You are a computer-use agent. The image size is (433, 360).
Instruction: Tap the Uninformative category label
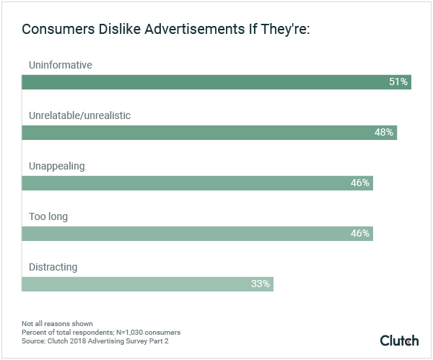click(x=61, y=65)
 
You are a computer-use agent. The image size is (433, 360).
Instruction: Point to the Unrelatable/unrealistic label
click(x=79, y=115)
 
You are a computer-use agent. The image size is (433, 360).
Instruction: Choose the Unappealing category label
click(x=57, y=166)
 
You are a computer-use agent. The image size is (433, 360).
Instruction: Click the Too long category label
click(x=48, y=216)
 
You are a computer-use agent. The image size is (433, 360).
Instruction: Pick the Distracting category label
click(x=53, y=267)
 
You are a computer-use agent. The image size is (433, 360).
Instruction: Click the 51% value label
click(x=398, y=82)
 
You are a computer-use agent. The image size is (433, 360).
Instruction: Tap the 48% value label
click(x=384, y=133)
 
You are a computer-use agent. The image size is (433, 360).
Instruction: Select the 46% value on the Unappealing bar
click(x=360, y=183)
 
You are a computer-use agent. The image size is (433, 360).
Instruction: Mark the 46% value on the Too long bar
click(x=360, y=234)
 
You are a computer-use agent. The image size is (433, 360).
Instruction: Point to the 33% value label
click(x=261, y=284)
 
